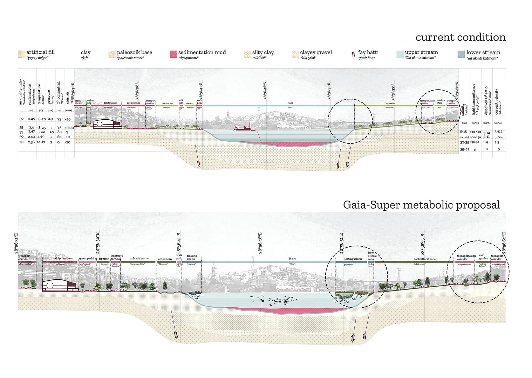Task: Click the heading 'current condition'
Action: tap(460, 37)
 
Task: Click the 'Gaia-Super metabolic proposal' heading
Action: tap(421, 205)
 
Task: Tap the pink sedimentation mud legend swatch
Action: tap(173, 54)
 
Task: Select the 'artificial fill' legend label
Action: tap(40, 52)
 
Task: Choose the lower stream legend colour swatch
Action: tap(461, 54)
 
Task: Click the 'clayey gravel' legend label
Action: tap(316, 52)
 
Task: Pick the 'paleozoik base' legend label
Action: tap(134, 52)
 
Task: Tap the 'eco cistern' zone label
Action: tap(165, 259)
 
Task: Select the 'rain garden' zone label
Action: tap(484, 257)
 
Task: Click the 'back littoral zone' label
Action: tap(424, 259)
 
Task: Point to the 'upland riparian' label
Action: tap(139, 259)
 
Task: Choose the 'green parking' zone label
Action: tap(88, 259)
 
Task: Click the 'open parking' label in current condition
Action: tap(134, 103)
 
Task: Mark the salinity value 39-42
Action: tap(464, 149)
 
